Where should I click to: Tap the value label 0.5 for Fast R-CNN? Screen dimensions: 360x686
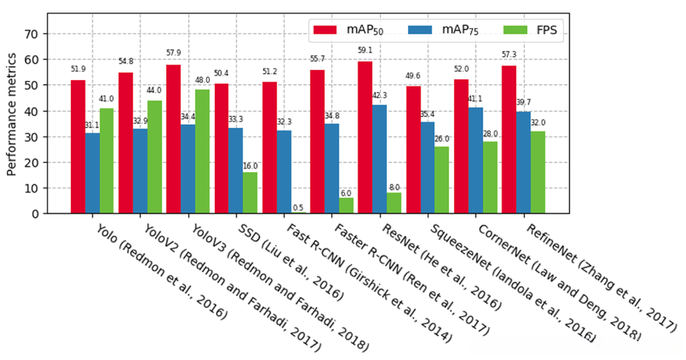click(x=298, y=207)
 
